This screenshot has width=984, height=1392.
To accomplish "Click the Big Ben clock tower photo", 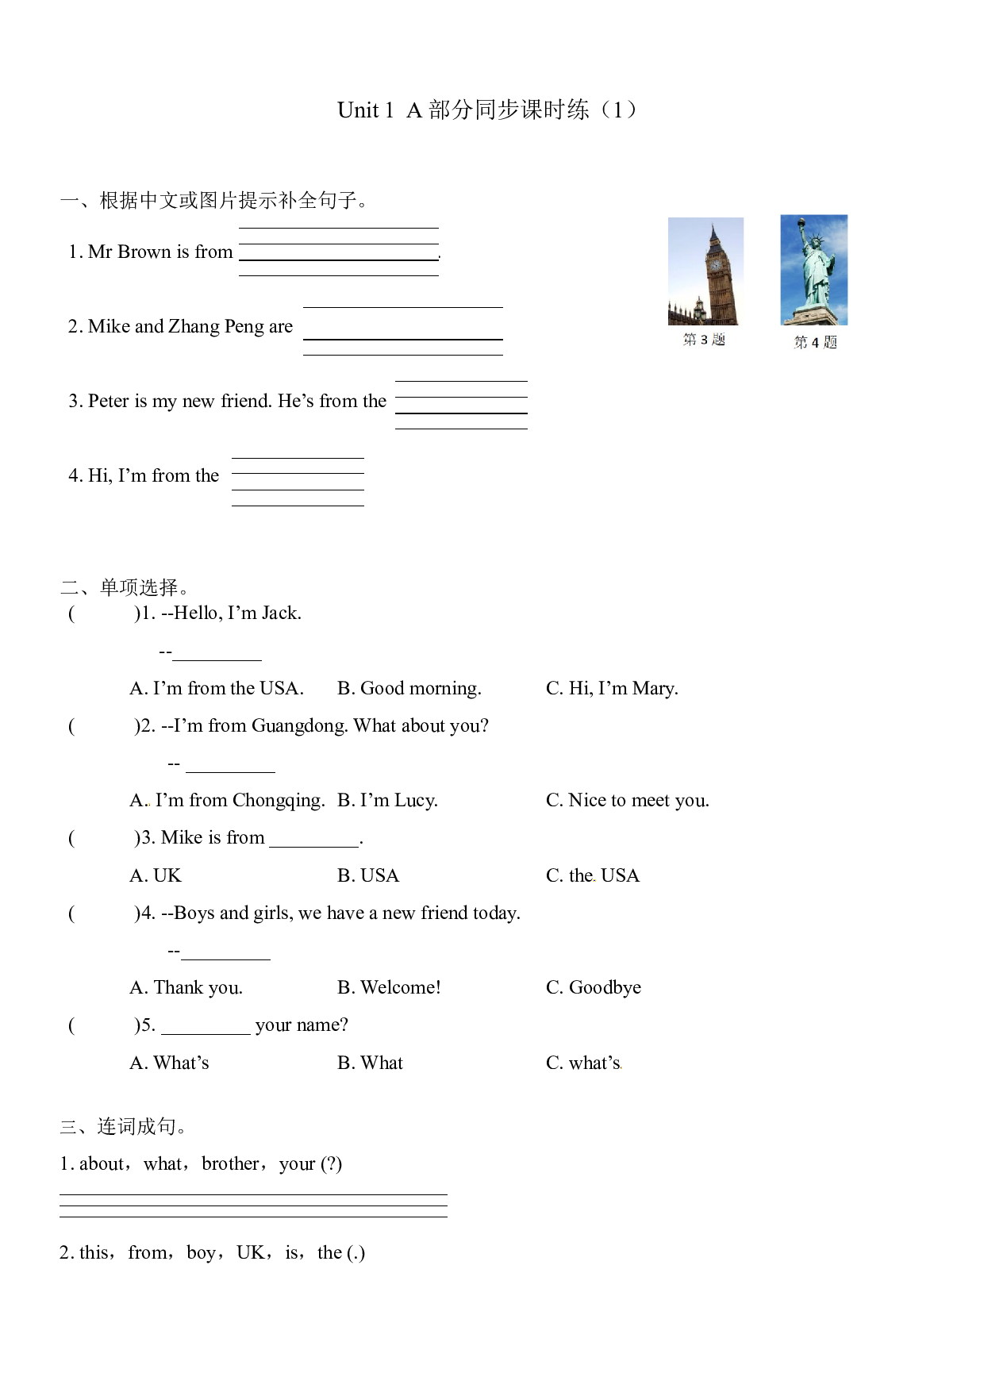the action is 705,271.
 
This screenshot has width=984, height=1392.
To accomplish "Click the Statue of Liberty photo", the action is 813,270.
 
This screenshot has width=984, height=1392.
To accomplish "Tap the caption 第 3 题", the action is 704,340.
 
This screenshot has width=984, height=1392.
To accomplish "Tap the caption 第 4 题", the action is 815,342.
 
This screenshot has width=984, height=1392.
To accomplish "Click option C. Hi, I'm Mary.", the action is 612,688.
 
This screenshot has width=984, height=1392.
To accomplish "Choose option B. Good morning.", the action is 409,688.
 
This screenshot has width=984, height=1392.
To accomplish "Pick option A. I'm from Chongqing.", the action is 227,801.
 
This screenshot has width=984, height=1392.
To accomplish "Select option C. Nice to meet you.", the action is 628,800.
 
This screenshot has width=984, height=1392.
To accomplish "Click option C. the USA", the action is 593,875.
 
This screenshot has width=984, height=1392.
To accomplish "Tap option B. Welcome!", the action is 389,987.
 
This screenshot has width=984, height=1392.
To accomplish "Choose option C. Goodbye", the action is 594,987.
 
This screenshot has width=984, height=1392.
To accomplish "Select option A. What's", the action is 169,1063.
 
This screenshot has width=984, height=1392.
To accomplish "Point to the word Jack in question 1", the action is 282,613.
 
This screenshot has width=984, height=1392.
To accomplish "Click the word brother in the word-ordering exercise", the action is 230,1163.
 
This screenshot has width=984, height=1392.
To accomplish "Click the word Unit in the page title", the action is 358,110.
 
